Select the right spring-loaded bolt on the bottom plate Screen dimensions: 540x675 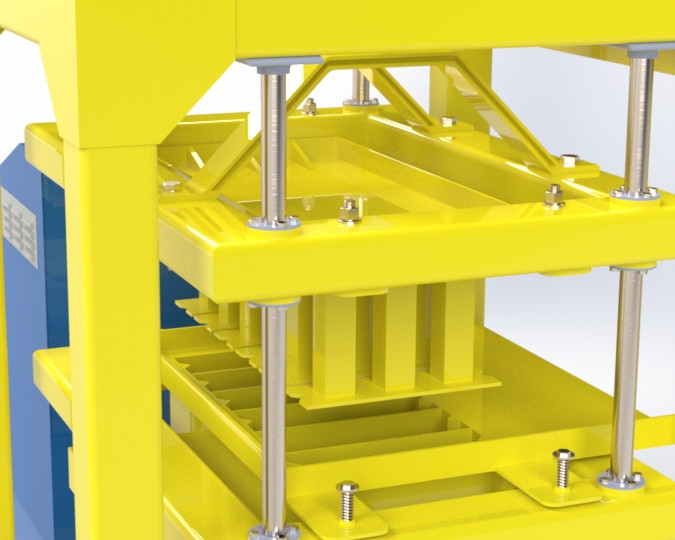563,467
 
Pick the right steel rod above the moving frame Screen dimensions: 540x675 639,120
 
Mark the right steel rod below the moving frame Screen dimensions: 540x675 629,370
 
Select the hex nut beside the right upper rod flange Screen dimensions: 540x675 553,194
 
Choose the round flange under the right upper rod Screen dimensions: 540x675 636,192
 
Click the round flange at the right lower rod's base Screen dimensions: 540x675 620,481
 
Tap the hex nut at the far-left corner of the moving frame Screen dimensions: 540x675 171,186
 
